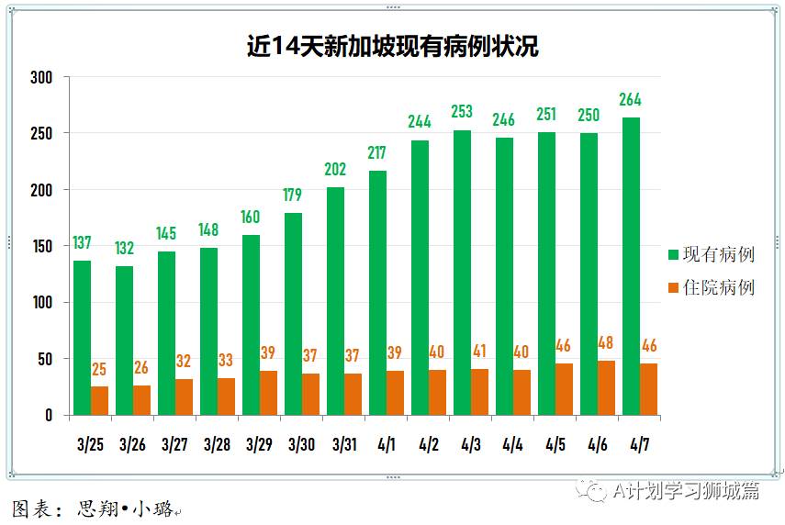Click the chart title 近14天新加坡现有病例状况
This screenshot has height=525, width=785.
pyautogui.click(x=392, y=46)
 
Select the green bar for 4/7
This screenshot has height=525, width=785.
pyautogui.click(x=631, y=266)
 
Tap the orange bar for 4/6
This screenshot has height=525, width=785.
pyautogui.click(x=606, y=387)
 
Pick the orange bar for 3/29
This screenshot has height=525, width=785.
pyautogui.click(x=268, y=393)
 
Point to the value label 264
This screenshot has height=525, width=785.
pyautogui.click(x=631, y=100)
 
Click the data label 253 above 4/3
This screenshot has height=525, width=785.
pyautogui.click(x=462, y=112)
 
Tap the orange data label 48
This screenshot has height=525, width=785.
pyautogui.click(x=606, y=343)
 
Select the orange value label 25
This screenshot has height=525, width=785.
pyautogui.click(x=99, y=369)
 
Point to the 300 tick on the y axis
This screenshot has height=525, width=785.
pyautogui.click(x=42, y=77)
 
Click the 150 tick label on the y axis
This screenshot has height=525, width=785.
pyautogui.click(x=42, y=246)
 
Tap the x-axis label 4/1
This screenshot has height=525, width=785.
pyautogui.click(x=387, y=444)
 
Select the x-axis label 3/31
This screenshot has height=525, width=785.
pyautogui.click(x=344, y=444)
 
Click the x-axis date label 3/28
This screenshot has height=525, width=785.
pyautogui.click(x=218, y=444)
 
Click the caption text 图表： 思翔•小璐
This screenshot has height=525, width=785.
pyautogui.click(x=92, y=508)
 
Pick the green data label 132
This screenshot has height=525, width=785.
pyautogui.click(x=124, y=248)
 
